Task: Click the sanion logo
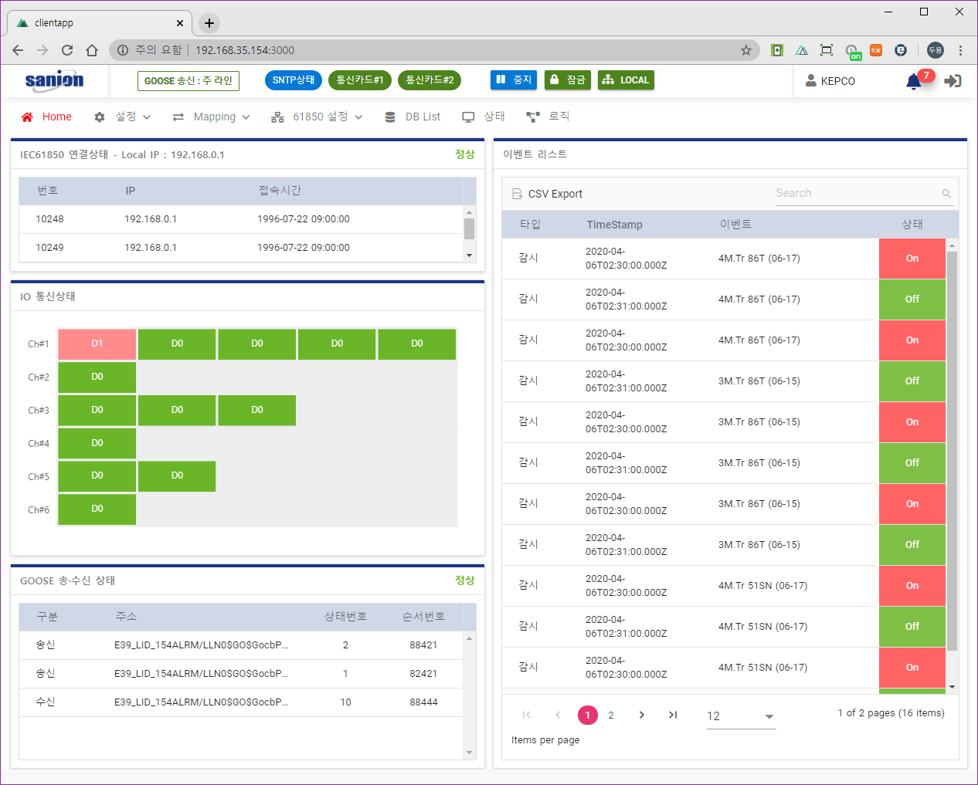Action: click(54, 80)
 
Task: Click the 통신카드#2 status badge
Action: click(430, 80)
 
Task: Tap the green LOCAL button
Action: click(626, 80)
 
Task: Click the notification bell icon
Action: click(914, 81)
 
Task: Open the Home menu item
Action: click(47, 117)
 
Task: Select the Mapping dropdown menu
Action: click(212, 117)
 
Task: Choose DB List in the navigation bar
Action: click(413, 117)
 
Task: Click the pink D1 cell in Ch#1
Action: click(97, 343)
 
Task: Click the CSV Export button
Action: click(548, 194)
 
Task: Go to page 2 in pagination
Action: click(611, 716)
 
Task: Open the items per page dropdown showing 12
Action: click(740, 716)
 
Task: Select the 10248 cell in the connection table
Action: click(49, 219)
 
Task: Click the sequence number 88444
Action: click(423, 702)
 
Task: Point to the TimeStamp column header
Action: click(614, 225)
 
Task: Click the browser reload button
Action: click(67, 50)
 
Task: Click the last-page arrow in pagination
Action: click(673, 715)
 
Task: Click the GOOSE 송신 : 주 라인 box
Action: click(188, 81)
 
